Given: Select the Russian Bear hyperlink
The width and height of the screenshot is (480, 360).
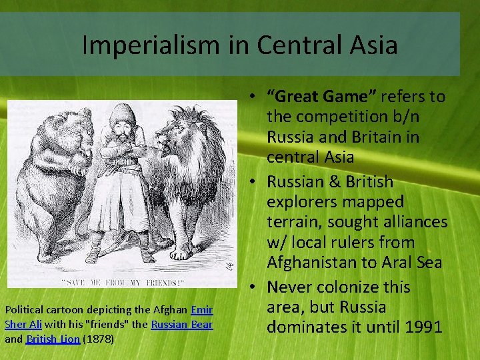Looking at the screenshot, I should point(181,325).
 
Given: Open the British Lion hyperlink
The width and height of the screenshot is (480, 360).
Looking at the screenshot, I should point(53,339).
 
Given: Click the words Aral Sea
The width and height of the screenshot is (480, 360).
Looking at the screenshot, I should point(414,263).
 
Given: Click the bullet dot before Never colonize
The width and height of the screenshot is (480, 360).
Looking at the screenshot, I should point(256,287).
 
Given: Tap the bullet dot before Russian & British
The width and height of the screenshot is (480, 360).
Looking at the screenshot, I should point(256,182).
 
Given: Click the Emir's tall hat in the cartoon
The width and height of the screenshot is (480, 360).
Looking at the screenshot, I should point(123,113).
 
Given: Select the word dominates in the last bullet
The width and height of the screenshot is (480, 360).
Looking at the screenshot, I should point(308,327).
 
